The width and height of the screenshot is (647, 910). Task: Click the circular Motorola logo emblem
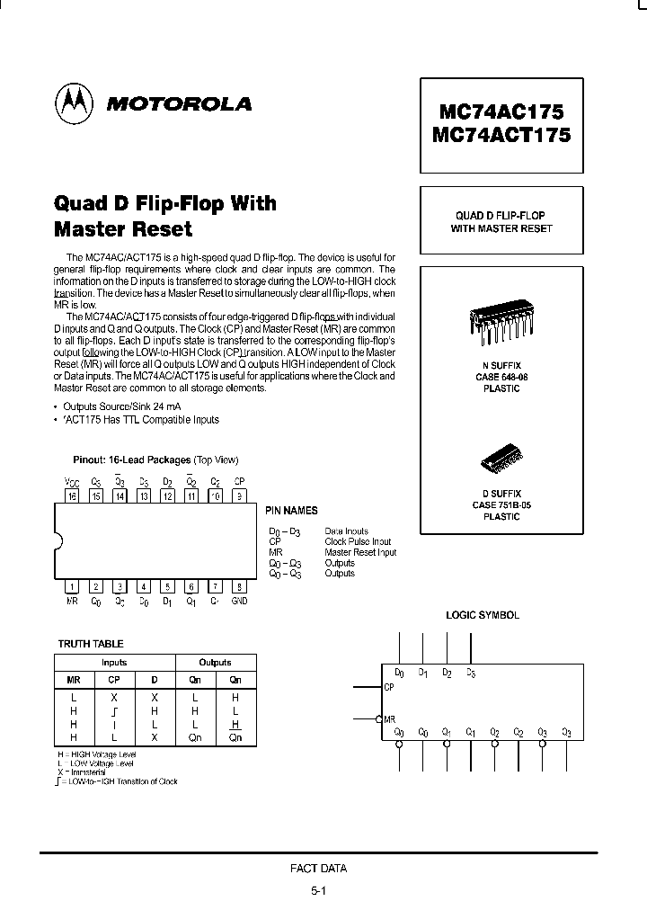point(75,105)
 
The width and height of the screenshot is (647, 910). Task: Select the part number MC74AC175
point(501,112)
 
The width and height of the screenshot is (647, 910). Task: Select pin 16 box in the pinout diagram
point(71,495)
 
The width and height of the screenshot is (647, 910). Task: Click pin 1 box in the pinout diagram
point(72,587)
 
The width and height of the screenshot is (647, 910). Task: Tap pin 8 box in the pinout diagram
point(239,587)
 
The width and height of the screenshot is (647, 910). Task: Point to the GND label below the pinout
point(239,602)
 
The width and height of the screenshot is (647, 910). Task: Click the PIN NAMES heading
point(292,511)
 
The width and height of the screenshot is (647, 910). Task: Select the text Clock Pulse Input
point(358,542)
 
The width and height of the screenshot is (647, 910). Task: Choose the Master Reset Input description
point(360,552)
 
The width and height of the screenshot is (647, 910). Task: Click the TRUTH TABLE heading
point(91,644)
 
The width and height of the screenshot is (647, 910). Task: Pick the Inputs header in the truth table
point(114,663)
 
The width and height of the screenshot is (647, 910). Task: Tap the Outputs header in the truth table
point(216,663)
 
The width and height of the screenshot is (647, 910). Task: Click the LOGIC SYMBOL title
point(483,615)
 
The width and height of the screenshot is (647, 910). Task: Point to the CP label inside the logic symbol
point(389,688)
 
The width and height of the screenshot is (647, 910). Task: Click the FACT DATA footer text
point(318,869)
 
